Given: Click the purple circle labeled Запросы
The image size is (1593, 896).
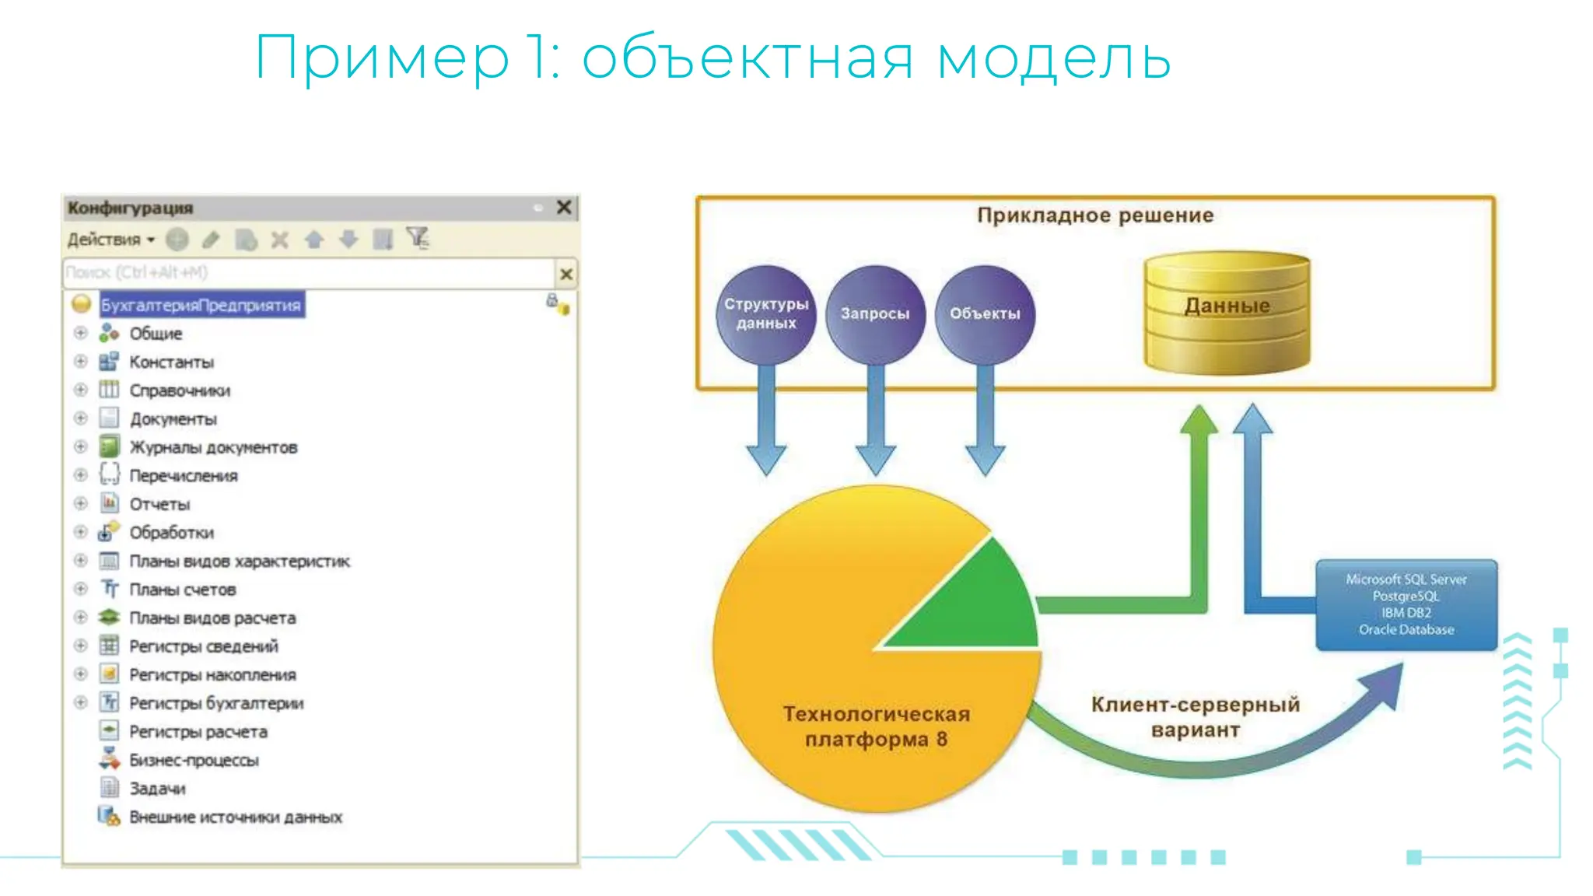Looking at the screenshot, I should tap(875, 314).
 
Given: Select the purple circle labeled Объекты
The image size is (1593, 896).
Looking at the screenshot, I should tap(985, 314).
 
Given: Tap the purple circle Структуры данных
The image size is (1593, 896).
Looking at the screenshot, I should tap(766, 314).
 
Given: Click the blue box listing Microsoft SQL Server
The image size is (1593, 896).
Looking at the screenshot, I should tap(1406, 604).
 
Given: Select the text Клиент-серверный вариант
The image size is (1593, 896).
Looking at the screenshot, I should tap(1196, 716).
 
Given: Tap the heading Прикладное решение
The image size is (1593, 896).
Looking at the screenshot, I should tap(1095, 215).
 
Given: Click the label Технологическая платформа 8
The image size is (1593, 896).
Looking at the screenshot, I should tap(876, 726).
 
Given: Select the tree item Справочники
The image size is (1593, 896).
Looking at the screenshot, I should tap(180, 390).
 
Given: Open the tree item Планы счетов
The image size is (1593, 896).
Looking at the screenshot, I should tap(182, 590).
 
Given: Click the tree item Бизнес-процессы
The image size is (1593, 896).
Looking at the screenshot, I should tap(194, 760).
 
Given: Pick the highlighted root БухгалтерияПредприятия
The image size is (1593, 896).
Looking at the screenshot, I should tap(201, 305).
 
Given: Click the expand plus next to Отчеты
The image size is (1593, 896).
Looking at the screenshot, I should tap(80, 503).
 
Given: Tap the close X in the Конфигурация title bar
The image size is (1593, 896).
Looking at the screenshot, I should tap(564, 207).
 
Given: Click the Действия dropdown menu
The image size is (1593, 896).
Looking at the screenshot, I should tap(110, 240).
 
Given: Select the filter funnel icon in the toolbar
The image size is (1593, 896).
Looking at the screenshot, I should tap(418, 238).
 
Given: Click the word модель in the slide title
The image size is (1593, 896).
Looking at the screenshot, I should tap(1053, 59).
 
